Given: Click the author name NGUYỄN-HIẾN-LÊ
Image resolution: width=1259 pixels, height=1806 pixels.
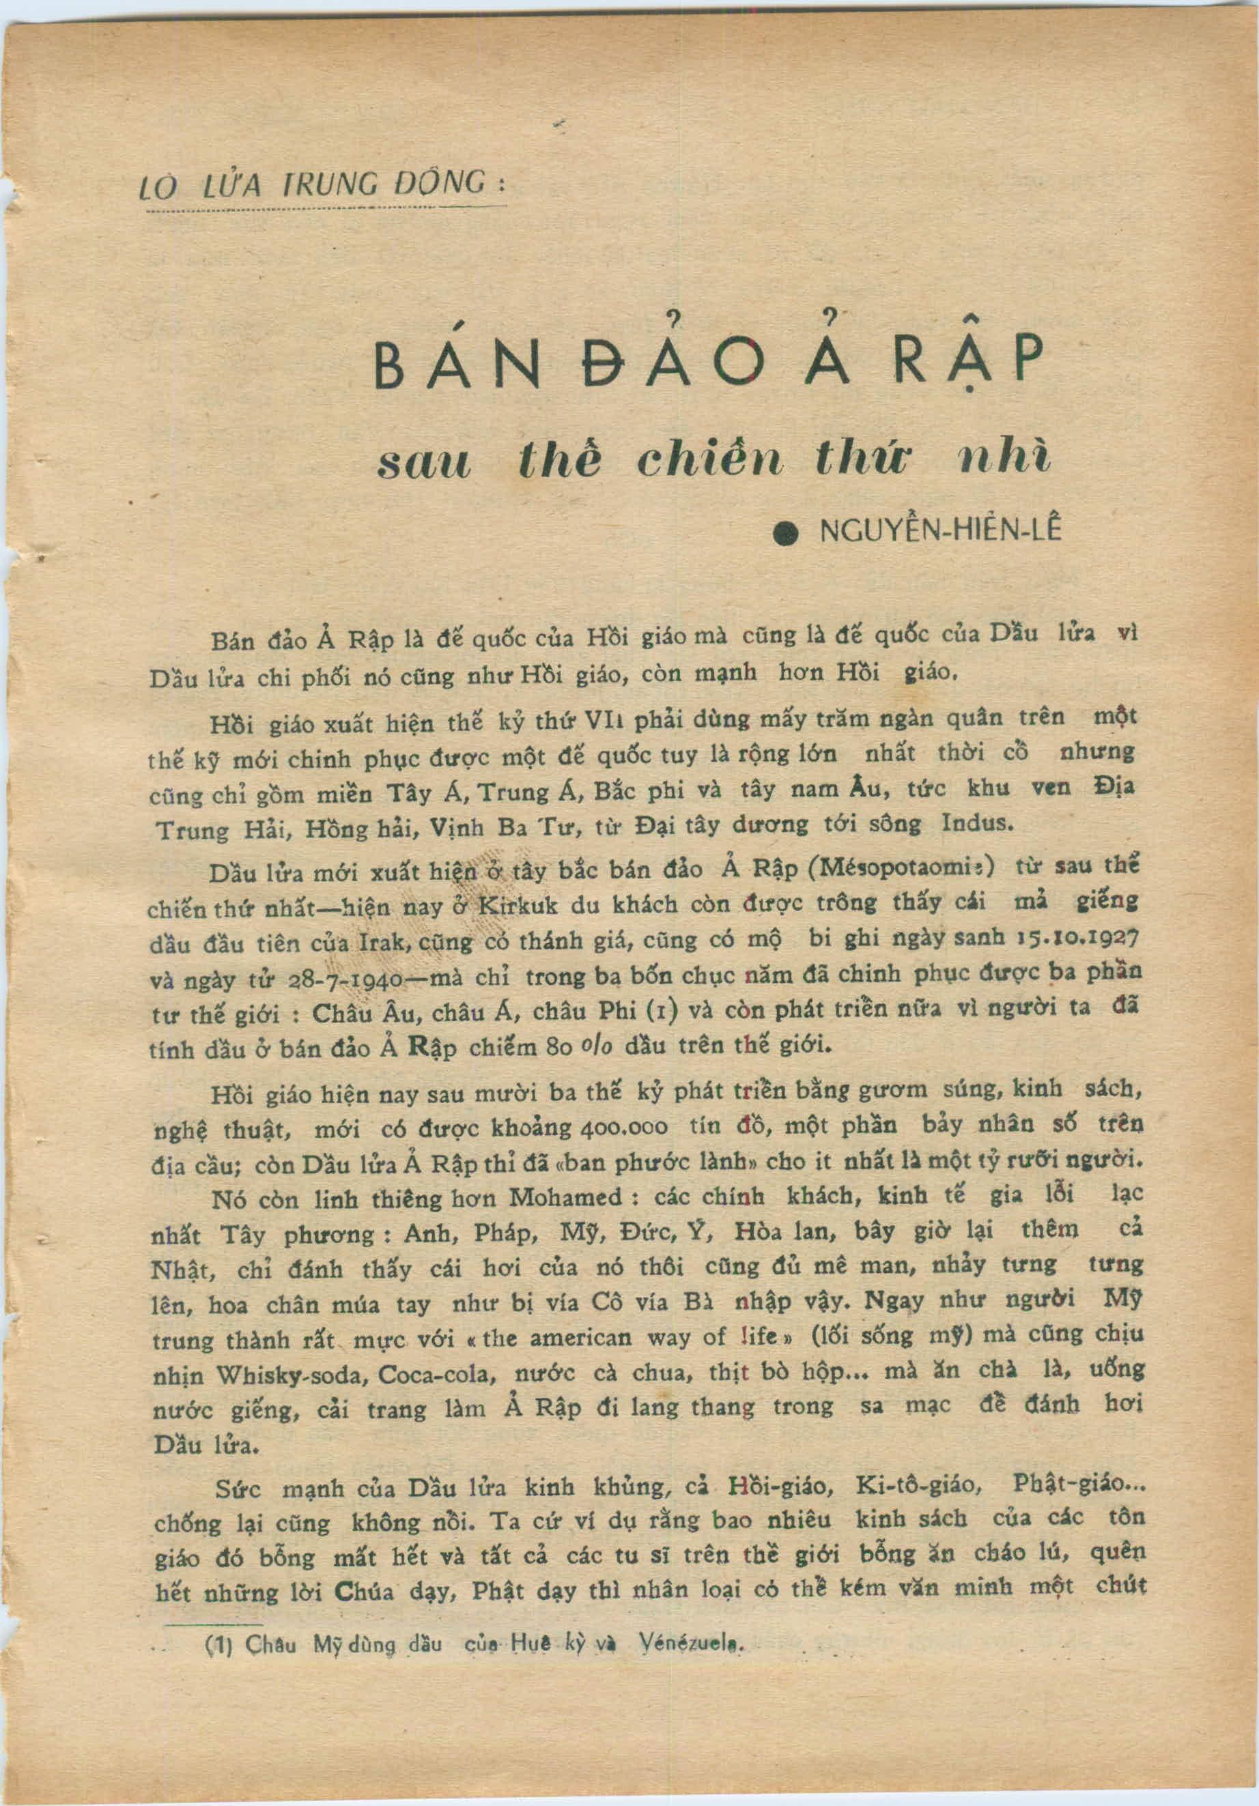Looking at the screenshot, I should [x=940, y=531].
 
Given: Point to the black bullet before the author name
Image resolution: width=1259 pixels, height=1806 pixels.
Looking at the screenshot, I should [x=785, y=534].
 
